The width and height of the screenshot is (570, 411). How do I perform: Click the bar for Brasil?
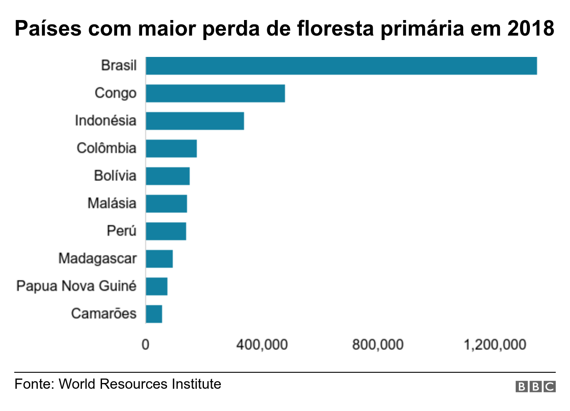click(341, 66)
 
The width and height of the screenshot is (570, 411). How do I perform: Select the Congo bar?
click(215, 93)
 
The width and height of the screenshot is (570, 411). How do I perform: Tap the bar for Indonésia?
click(195, 121)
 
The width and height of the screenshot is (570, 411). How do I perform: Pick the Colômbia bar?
click(171, 149)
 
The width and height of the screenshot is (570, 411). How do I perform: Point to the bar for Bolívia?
click(167, 176)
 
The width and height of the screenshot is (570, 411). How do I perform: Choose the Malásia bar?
click(166, 204)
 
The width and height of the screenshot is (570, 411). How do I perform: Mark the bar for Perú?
click(166, 231)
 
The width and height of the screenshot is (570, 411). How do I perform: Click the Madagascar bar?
click(159, 259)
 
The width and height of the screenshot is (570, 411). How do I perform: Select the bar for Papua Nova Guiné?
click(156, 286)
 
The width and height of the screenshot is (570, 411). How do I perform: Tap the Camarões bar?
click(154, 314)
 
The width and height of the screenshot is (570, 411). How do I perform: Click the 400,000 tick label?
click(261, 345)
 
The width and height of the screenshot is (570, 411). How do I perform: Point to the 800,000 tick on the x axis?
click(378, 345)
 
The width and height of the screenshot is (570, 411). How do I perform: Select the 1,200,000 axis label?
click(495, 345)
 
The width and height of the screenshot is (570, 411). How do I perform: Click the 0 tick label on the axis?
click(145, 345)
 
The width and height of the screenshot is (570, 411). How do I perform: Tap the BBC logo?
click(535, 387)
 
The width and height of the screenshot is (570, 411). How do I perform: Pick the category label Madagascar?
click(98, 258)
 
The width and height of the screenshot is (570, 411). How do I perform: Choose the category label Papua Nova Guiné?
click(76, 286)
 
